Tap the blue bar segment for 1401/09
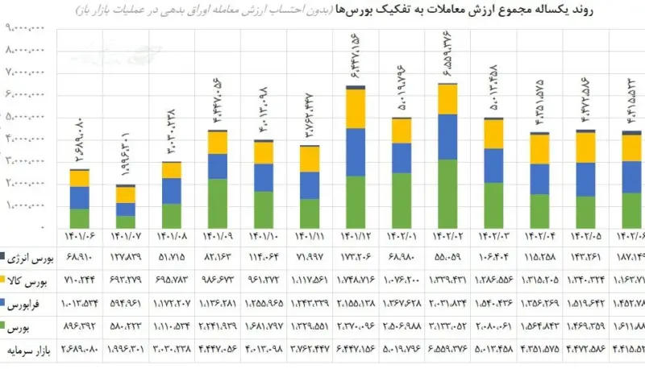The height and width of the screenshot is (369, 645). click(218, 166)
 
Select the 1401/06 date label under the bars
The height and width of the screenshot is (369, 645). click(79, 238)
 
